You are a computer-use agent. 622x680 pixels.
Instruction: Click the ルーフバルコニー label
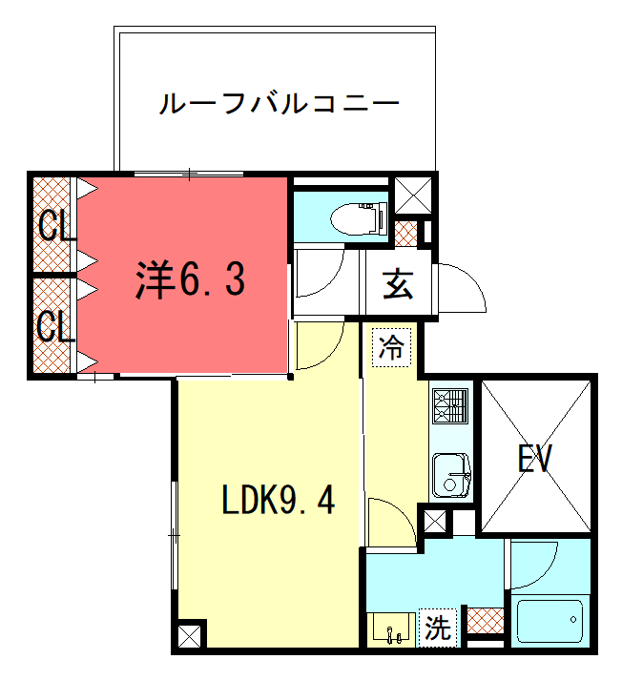(279, 103)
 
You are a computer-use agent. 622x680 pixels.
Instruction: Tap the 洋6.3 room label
(190, 279)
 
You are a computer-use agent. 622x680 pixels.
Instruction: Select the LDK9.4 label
(279, 500)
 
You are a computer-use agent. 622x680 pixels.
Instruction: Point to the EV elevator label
(535, 459)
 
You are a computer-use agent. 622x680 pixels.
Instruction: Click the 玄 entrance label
(398, 284)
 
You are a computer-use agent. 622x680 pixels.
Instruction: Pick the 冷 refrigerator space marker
(391, 347)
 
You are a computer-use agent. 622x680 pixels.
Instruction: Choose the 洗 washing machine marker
(438, 628)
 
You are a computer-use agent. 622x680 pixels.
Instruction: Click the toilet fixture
(359, 217)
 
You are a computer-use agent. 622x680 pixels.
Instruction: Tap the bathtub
(550, 620)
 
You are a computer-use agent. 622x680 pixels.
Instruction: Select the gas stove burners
(451, 406)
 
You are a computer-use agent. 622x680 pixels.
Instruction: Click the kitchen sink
(451, 475)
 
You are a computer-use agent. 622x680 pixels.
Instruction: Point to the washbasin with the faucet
(392, 628)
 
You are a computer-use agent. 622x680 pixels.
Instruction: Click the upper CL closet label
(54, 226)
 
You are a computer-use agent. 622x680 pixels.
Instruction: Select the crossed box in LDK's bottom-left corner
(190, 637)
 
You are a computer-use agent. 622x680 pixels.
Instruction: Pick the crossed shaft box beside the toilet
(413, 196)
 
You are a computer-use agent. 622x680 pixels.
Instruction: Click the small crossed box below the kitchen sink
(434, 522)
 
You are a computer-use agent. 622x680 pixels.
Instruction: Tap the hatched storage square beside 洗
(486, 621)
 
